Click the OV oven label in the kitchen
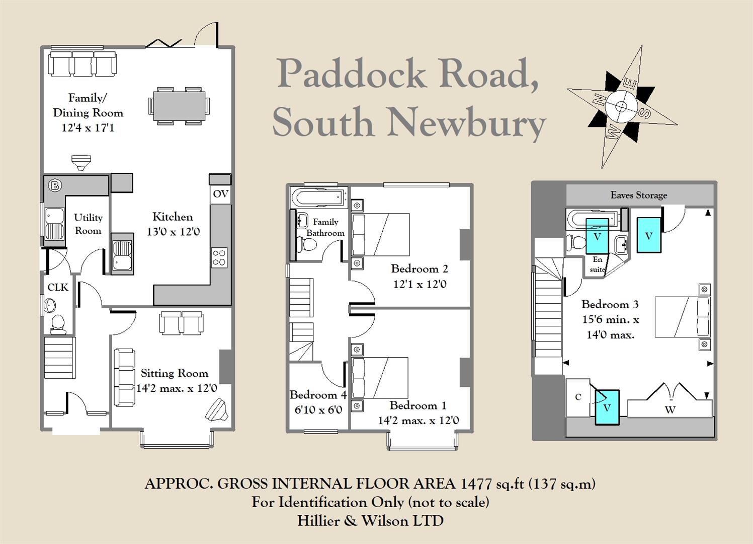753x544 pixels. pos(220,194)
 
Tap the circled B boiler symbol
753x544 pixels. pos(54,185)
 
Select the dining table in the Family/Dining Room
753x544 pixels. pos(179,106)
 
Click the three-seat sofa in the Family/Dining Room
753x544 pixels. pos(83,64)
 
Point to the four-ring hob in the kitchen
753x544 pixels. pos(219,257)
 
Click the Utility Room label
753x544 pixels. pos(88,224)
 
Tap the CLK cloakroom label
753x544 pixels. pos(58,287)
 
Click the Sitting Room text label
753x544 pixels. pos(174,373)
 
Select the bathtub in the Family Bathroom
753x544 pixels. pos(319,197)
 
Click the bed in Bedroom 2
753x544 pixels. pos(380,234)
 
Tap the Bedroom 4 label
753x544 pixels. pos(318,395)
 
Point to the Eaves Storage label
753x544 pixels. pos(639,195)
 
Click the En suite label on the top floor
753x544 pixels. pos(597,264)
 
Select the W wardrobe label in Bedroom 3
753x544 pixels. pos(670,410)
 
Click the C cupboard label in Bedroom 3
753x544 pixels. pos(578,397)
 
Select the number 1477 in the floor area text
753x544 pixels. pos(476,484)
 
